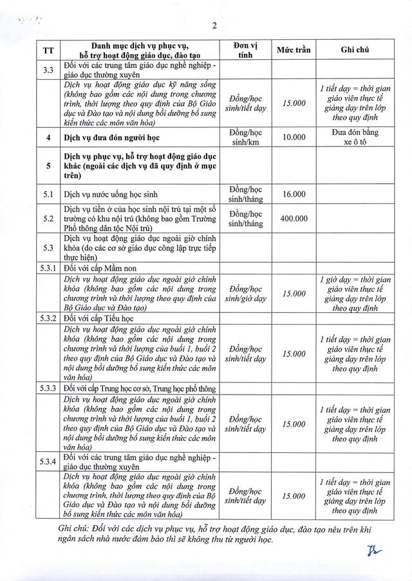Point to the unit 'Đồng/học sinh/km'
point(247,137)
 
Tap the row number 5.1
point(48,194)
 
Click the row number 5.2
point(48,219)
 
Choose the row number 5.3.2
point(48,318)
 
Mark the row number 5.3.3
point(48,389)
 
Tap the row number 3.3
point(48,69)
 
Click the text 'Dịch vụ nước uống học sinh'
point(110,194)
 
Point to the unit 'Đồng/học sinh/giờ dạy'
point(247,293)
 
